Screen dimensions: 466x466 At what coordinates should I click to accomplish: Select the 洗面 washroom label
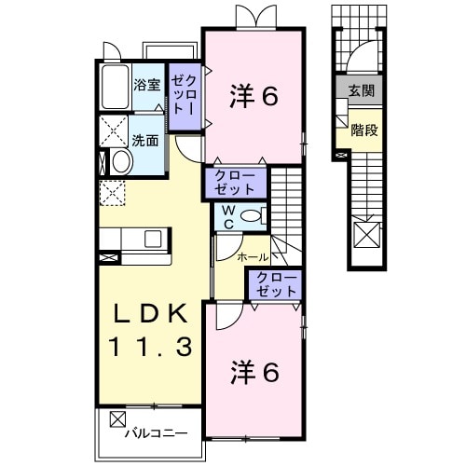point(144,142)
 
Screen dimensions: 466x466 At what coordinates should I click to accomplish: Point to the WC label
point(226,215)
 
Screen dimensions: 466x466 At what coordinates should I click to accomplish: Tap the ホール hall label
point(253,256)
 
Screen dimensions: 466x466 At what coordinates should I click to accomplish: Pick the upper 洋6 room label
point(254,97)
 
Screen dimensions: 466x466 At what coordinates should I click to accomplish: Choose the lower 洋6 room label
point(254,373)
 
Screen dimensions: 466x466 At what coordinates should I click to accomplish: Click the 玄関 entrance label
point(361,91)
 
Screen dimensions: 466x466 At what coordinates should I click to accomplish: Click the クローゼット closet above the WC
point(234,181)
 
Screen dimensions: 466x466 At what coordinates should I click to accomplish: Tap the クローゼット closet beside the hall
point(276,283)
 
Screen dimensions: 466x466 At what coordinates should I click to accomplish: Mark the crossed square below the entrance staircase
point(365,233)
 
